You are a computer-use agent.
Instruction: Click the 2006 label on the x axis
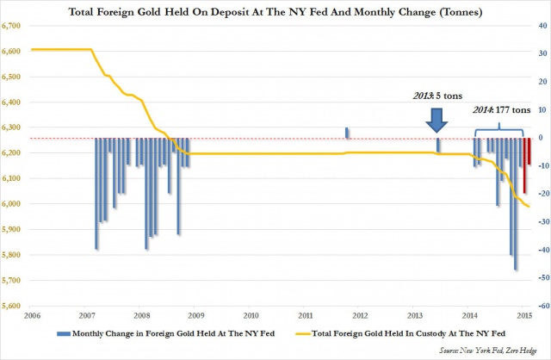[x=32, y=316]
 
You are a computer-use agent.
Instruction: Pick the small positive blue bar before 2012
[x=347, y=133]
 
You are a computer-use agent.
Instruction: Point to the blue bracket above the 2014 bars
[x=500, y=130]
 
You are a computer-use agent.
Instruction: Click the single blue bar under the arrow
[x=437, y=146]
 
